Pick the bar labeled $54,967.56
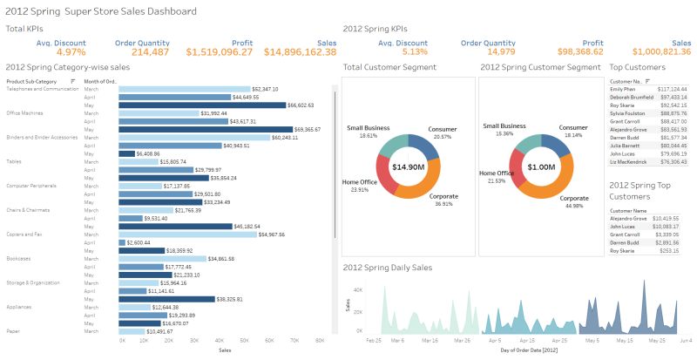187,234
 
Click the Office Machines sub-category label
25,112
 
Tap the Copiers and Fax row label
24,234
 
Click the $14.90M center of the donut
408,166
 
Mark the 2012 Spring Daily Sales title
388,267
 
